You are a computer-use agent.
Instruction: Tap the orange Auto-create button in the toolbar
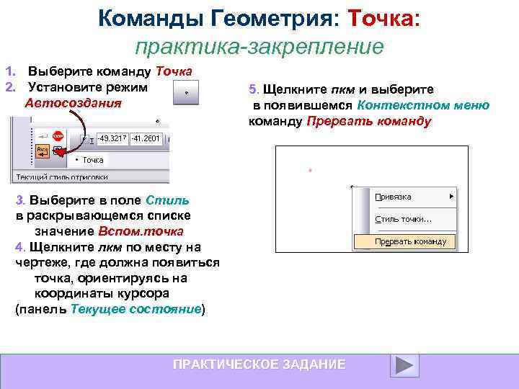(x=43, y=151)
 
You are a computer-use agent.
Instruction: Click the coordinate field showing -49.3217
(x=112, y=138)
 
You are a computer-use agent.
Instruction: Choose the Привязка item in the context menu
(x=393, y=196)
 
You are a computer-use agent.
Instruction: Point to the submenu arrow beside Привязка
(x=451, y=196)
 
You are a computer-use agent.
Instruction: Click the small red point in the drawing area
(x=309, y=171)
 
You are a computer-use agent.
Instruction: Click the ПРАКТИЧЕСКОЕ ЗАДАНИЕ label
(x=259, y=365)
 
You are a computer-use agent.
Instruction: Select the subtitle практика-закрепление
(x=259, y=47)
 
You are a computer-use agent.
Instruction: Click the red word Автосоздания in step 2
(x=73, y=102)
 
